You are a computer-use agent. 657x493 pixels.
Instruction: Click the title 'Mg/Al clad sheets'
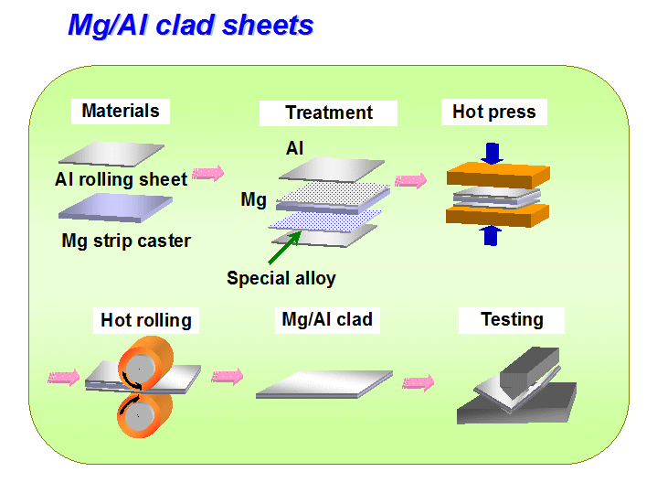pyautogui.click(x=191, y=26)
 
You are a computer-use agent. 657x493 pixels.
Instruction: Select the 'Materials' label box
pyautogui.click(x=121, y=112)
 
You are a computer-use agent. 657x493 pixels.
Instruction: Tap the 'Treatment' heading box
pyautogui.click(x=328, y=113)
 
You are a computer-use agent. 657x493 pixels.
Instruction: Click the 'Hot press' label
pyautogui.click(x=494, y=112)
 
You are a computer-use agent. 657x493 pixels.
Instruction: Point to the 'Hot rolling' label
pyautogui.click(x=146, y=320)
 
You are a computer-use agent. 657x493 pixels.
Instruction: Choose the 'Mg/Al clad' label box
pyautogui.click(x=327, y=320)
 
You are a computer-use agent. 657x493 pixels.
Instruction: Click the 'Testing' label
pyautogui.click(x=512, y=320)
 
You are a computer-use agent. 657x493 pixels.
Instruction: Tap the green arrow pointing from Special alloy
pyautogui.click(x=284, y=248)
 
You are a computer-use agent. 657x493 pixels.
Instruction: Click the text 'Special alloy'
pyautogui.click(x=281, y=278)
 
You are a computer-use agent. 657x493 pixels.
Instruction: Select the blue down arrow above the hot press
pyautogui.click(x=492, y=153)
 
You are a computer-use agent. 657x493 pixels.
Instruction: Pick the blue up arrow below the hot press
pyautogui.click(x=490, y=235)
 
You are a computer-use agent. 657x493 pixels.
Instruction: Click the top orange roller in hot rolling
pyautogui.click(x=145, y=364)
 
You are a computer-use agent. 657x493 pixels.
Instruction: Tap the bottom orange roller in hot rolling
pyautogui.click(x=144, y=415)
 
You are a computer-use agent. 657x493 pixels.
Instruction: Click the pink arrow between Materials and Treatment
pyautogui.click(x=207, y=173)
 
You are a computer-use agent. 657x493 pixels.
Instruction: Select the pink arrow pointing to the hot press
pyautogui.click(x=410, y=181)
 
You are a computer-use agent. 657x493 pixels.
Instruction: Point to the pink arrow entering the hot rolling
pyautogui.click(x=64, y=378)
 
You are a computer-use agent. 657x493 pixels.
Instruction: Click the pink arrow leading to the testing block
pyautogui.click(x=419, y=383)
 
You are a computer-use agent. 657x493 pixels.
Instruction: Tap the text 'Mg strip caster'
pyautogui.click(x=126, y=241)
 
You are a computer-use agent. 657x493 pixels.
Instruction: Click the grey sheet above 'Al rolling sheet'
pyautogui.click(x=111, y=154)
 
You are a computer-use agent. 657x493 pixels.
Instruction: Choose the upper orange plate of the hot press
pyautogui.click(x=498, y=176)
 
